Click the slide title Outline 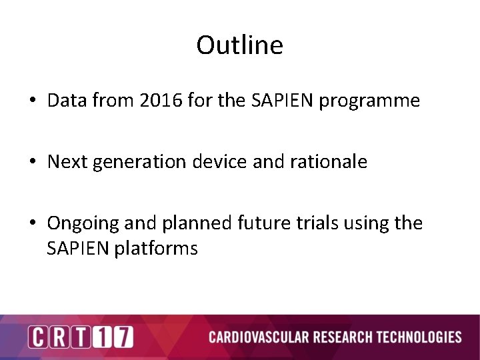tap(239, 45)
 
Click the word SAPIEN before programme tap(276, 101)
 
